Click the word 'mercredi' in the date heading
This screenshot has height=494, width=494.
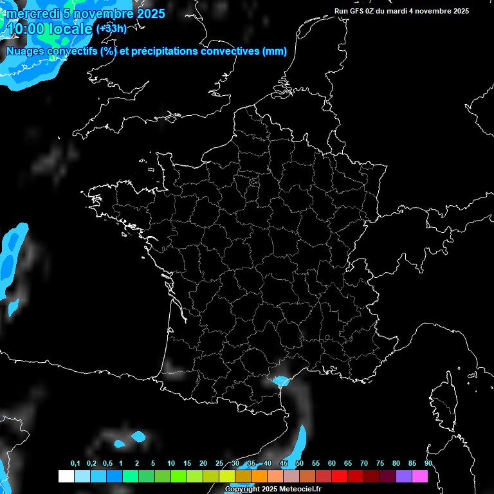(x=31, y=13)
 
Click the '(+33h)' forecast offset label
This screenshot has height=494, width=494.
(x=111, y=28)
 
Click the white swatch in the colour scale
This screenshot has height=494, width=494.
(x=66, y=476)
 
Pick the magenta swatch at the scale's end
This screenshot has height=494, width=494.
(x=420, y=476)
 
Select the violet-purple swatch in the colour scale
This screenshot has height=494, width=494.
(x=404, y=476)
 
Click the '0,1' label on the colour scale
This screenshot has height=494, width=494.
(x=75, y=463)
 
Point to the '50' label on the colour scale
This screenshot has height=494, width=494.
(x=300, y=463)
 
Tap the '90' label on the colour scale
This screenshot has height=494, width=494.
(x=428, y=463)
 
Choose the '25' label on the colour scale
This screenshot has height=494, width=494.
(x=219, y=463)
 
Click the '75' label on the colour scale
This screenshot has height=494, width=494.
(x=380, y=463)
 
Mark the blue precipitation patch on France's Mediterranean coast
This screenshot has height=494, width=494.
(x=280, y=381)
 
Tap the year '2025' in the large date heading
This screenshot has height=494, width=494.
(x=149, y=13)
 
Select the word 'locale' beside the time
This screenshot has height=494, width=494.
(x=69, y=28)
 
